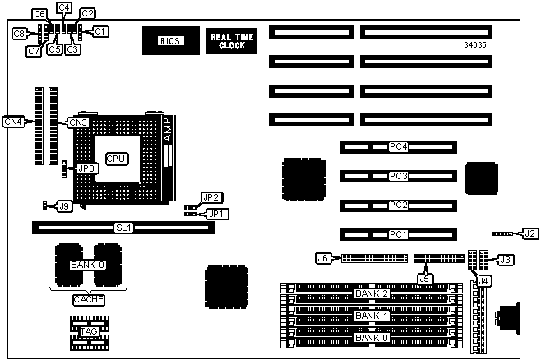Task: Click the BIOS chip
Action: tap(169, 40)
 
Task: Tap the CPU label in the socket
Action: tap(116, 156)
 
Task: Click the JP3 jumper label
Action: tap(86, 168)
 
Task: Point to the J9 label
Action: tap(64, 205)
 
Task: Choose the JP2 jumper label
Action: tap(211, 197)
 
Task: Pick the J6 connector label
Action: tap(323, 259)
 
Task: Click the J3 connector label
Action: tap(506, 261)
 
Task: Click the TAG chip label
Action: tap(87, 331)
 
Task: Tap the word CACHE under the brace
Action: tap(88, 300)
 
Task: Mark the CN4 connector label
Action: tap(13, 122)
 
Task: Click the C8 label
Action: tap(18, 34)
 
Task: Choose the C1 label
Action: tap(100, 31)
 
